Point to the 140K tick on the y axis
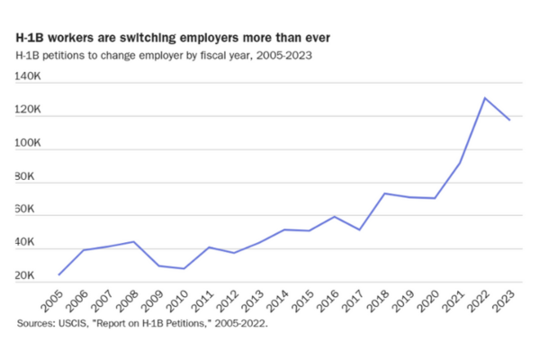[29, 78]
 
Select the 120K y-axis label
[29, 111]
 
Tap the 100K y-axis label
[29, 144]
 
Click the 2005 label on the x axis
[51, 299]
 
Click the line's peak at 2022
[485, 97]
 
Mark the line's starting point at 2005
[59, 274]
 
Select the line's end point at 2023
[510, 120]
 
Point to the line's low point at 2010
[184, 268]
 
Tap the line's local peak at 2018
[385, 193]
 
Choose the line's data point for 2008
[134, 241]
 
